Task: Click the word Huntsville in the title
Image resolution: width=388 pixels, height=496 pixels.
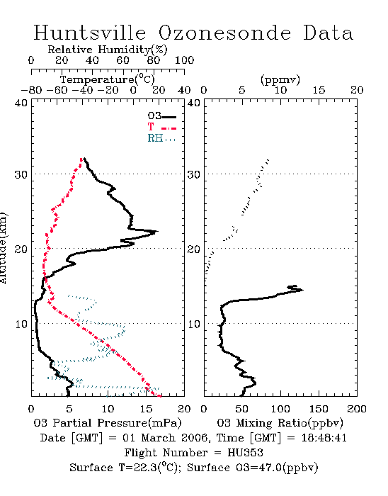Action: [90, 33]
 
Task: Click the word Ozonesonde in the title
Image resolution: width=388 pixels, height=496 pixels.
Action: [224, 33]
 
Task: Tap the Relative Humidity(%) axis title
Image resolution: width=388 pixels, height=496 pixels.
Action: [108, 50]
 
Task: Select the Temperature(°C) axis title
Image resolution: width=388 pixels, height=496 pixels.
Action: [108, 79]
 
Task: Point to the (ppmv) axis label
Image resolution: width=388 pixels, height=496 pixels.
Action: [280, 79]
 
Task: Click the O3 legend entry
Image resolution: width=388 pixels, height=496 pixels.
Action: [161, 116]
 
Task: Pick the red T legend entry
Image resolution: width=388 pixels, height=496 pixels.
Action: [161, 127]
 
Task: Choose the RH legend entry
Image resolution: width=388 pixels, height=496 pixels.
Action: [161, 138]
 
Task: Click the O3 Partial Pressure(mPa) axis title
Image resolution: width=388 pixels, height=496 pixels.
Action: [108, 423]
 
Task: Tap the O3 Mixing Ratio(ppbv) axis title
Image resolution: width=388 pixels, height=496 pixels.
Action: [280, 423]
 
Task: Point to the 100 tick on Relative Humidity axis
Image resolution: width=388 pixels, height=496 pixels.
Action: [184, 60]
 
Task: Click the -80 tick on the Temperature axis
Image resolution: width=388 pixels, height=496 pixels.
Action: [31, 90]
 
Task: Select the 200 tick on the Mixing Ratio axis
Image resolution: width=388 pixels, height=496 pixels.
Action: [357, 409]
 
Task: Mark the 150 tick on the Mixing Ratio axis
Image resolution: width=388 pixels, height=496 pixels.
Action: [319, 409]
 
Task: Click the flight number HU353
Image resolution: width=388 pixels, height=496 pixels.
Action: [245, 453]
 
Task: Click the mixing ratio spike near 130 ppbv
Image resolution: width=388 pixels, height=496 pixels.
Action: [302, 290]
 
